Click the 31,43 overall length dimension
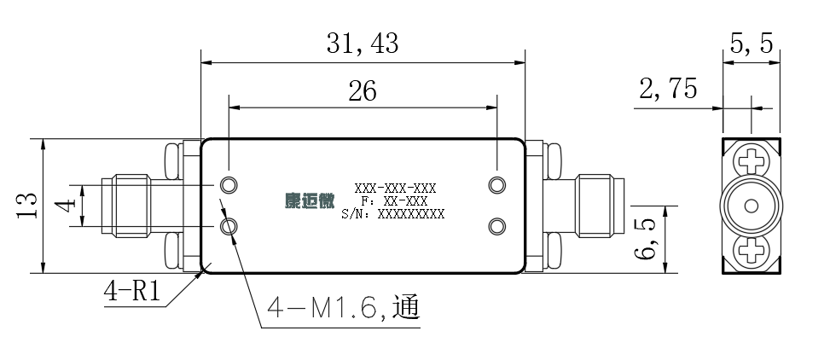(363, 44)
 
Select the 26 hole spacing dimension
(363, 91)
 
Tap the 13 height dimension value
(27, 205)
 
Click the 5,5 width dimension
(752, 44)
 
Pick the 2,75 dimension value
(668, 89)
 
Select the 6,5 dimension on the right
(644, 239)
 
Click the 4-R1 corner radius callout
(132, 291)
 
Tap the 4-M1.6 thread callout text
(344, 307)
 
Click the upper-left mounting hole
(229, 185)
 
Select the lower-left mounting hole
(229, 227)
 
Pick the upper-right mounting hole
(497, 185)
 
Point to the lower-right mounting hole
(497, 227)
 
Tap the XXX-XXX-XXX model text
(396, 189)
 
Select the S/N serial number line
(393, 214)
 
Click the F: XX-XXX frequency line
(394, 201)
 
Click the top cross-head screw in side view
(752, 160)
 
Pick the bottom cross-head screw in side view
(752, 251)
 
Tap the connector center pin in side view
(752, 206)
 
